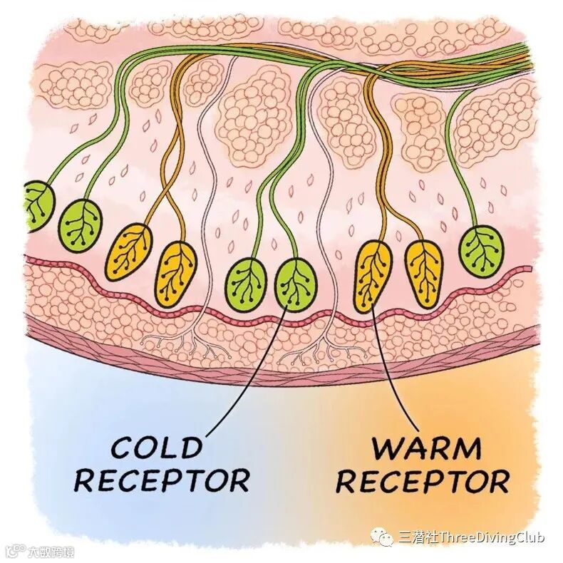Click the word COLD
[156, 448]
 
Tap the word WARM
[426, 448]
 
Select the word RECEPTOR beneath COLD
[162, 480]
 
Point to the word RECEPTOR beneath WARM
[423, 480]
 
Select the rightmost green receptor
[482, 251]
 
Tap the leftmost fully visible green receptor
[80, 223]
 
